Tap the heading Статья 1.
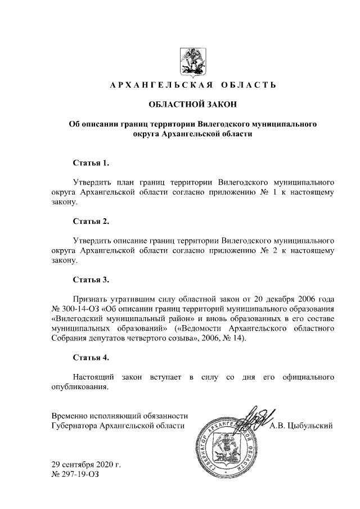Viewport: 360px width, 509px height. pos(91,163)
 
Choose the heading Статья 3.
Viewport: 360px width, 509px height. pos(91,279)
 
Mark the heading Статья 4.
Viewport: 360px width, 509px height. pos(91,357)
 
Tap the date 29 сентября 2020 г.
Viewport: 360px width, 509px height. pos(86,465)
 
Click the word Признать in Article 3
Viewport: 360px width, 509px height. pos(91,298)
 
